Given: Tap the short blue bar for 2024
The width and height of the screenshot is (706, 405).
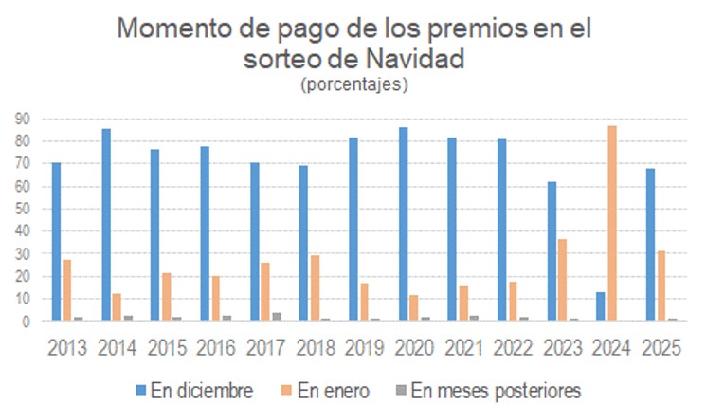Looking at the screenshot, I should pos(600,306).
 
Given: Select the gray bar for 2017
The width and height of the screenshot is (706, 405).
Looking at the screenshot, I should pos(277,317).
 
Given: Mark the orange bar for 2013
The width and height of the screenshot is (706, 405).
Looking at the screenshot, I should pos(67,290).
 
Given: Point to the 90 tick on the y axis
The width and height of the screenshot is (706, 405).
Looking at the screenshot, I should pos(21,119).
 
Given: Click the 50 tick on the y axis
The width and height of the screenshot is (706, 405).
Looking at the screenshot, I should pos(21,209).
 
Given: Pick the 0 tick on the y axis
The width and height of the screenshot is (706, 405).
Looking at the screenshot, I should pos(26,322).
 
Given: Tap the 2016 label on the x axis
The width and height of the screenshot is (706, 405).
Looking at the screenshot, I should pos(217,346).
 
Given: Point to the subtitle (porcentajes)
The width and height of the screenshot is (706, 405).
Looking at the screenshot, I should pos(353,84).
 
